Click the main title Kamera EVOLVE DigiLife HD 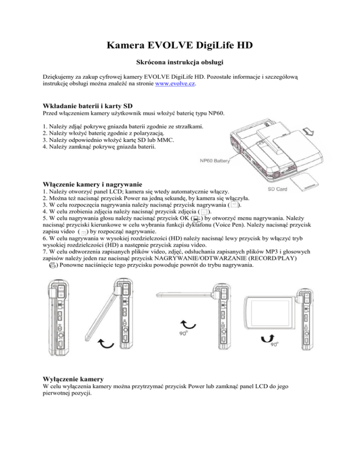[x=180, y=45]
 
